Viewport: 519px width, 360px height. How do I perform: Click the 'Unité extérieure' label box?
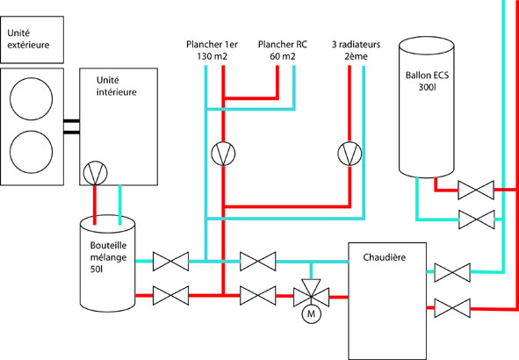pos(32,40)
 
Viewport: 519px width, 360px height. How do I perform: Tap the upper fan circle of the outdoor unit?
pos(31,98)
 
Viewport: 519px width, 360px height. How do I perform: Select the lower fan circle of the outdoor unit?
pos(31,152)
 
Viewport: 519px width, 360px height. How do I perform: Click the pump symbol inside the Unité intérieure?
pos(96,173)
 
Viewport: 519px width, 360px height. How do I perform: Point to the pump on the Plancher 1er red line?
pos(223,154)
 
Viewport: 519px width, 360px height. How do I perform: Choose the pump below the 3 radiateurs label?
pos(350,154)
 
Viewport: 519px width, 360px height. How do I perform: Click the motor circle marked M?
pos(311,313)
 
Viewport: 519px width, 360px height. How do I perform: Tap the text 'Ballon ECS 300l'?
pos(427,81)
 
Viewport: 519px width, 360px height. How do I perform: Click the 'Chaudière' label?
pos(385,257)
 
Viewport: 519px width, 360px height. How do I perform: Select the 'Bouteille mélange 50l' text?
pos(108,257)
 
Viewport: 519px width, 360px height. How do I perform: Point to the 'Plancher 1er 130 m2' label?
pos(212,50)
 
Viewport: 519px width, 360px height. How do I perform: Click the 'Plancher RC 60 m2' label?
pos(283,50)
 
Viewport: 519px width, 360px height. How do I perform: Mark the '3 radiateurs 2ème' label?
pos(356,50)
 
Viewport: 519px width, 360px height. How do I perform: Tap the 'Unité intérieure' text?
pos(116,86)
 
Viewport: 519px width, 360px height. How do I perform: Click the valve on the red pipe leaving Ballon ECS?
pos(476,190)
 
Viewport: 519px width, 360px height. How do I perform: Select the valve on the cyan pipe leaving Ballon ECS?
pos(477,220)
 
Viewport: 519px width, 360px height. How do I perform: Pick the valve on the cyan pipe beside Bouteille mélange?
pos(170,262)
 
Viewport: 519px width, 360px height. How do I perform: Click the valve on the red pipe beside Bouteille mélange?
pos(170,296)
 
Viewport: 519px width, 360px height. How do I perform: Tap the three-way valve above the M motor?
pos(311,294)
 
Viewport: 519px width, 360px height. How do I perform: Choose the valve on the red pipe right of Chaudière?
pos(452,308)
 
